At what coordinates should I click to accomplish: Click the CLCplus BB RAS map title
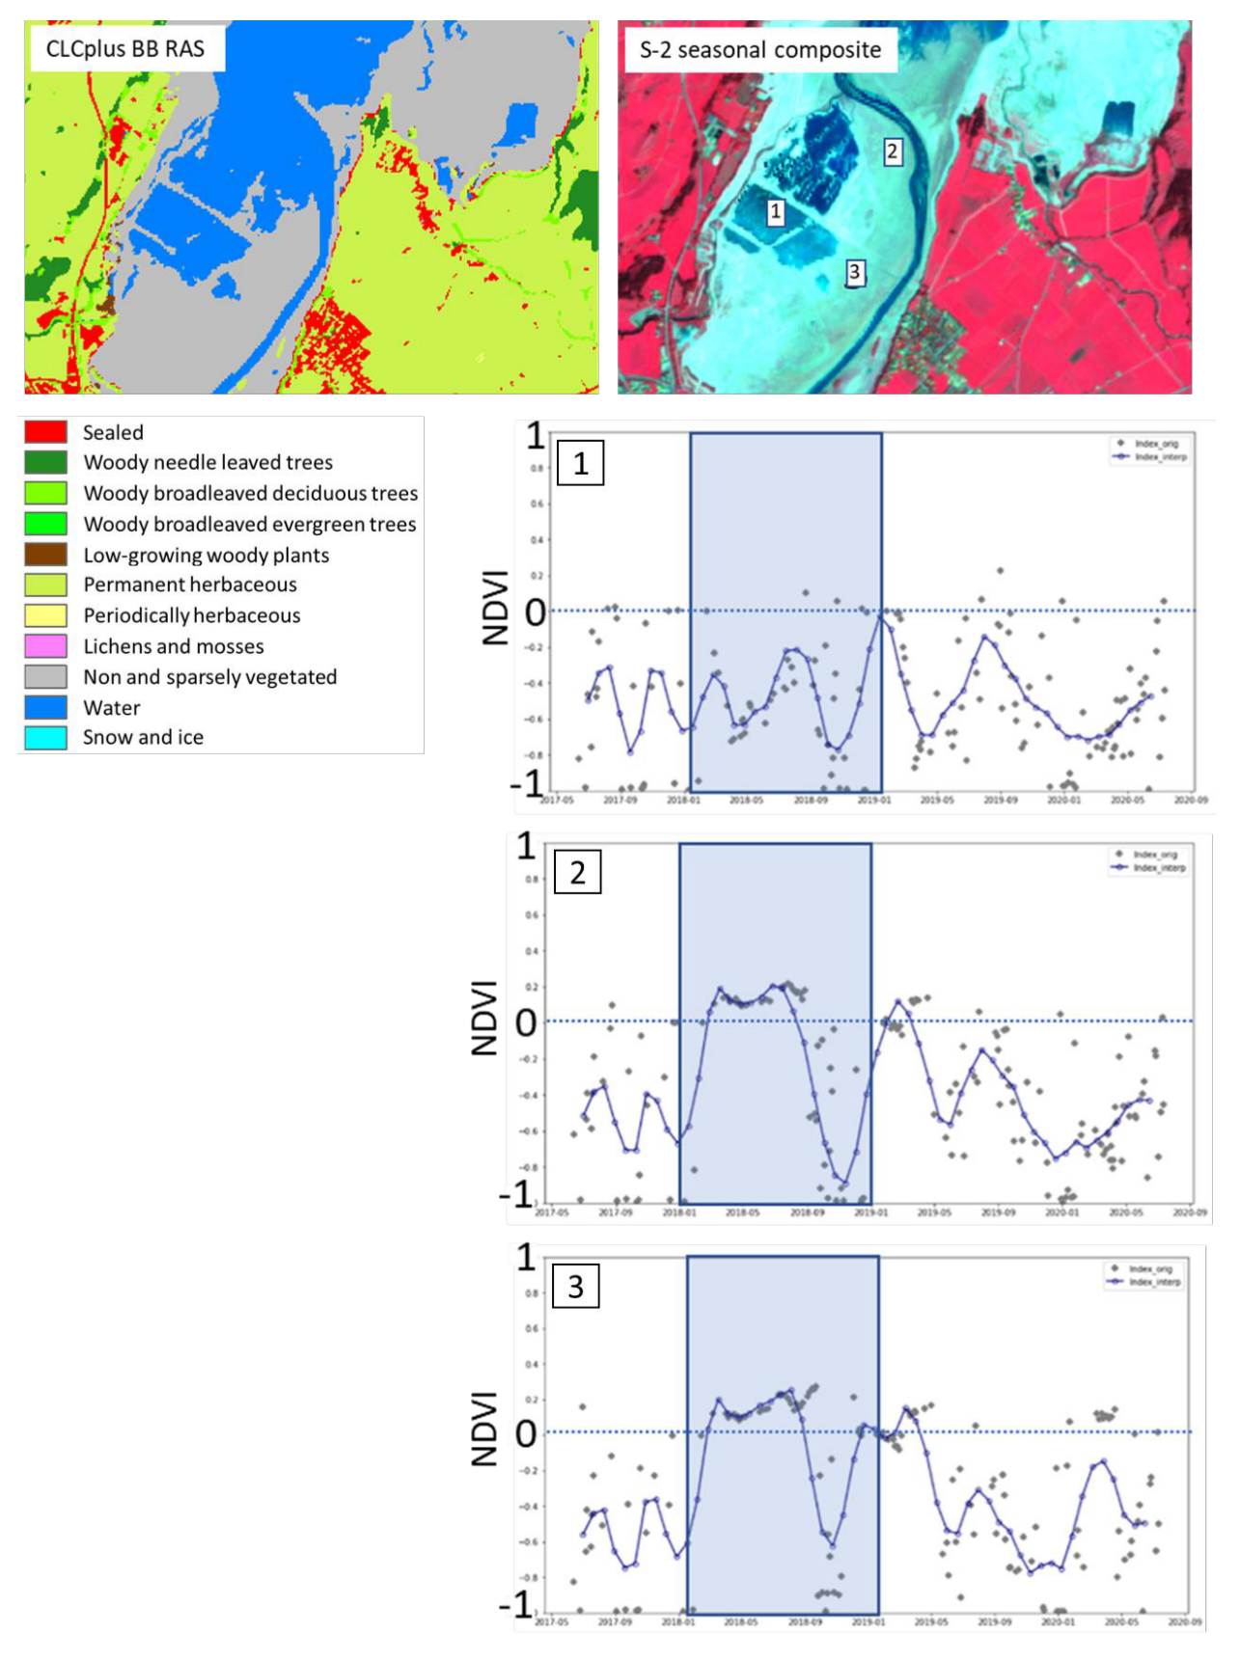click(x=125, y=49)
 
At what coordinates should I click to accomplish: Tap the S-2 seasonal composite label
click(x=759, y=50)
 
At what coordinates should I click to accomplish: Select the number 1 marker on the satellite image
click(x=775, y=211)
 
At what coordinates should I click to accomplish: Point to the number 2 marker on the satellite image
click(x=893, y=151)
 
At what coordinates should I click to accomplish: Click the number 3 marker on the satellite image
click(x=854, y=273)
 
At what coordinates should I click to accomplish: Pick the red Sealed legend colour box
click(x=46, y=432)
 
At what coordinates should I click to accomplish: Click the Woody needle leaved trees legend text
click(x=207, y=463)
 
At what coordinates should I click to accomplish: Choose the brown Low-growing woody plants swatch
click(x=46, y=555)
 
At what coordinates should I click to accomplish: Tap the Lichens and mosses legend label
click(x=174, y=646)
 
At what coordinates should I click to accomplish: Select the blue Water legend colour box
click(x=46, y=707)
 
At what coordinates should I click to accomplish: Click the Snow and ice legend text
click(x=143, y=738)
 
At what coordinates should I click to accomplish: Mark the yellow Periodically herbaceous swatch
click(x=46, y=615)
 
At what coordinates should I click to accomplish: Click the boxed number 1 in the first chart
click(x=581, y=464)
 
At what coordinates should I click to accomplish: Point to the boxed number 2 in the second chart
click(x=577, y=873)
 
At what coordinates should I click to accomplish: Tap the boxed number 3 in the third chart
click(x=575, y=1287)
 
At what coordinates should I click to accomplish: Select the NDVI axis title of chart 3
click(x=484, y=1429)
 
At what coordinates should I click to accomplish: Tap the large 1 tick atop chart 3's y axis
click(x=526, y=1258)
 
